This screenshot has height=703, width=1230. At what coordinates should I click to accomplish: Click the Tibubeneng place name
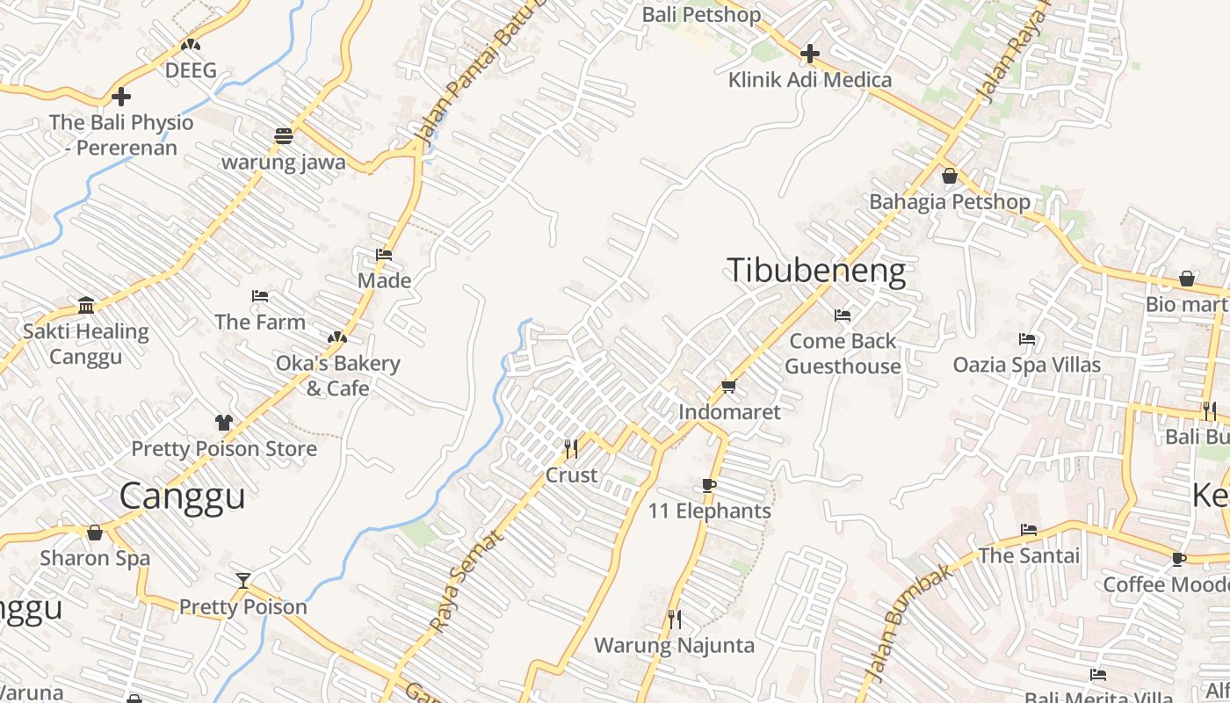pos(816,270)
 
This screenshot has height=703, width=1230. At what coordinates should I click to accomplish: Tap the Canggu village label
pos(182,496)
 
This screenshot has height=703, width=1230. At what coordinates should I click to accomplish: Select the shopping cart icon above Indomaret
pos(728,387)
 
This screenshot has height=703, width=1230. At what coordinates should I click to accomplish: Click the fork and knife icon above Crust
pos(571,449)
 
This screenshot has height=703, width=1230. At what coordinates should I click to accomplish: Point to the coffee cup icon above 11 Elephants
pos(709,485)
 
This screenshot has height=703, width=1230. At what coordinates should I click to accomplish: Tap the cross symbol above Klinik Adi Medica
pos(809,54)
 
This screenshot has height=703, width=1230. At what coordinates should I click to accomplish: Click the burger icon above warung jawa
pos(283,136)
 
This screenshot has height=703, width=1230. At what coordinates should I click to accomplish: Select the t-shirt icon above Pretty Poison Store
pos(224,423)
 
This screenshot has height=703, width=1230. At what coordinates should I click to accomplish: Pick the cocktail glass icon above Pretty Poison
pos(243,580)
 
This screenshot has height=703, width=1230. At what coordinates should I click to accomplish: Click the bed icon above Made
pos(384,255)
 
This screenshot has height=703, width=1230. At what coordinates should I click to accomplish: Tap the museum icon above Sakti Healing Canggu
pos(86,305)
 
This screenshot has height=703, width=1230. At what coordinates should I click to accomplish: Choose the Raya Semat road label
pos(466,581)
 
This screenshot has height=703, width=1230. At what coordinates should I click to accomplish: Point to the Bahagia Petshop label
pos(950,201)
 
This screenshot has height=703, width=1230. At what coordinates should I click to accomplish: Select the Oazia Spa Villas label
pos(1027,364)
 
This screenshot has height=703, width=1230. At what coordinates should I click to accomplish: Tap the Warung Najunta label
pos(674,645)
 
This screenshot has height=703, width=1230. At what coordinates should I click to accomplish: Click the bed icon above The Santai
pos(1029,530)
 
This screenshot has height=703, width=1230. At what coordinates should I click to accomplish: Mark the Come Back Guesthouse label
pos(843,353)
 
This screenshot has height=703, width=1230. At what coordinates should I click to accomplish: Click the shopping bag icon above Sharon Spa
pos(95,533)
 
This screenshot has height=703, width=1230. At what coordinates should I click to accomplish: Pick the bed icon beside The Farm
pos(259,295)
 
